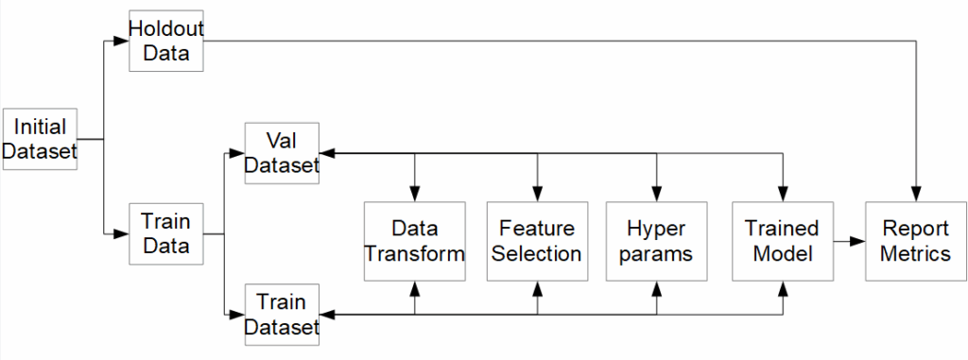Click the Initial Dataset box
tap(40, 139)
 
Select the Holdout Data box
tap(166, 41)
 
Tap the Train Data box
tap(166, 233)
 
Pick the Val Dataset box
tap(282, 153)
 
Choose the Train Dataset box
tap(282, 315)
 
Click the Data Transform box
tap(414, 242)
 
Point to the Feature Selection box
tap(537, 242)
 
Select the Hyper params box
tap(656, 242)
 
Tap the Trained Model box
tap(783, 242)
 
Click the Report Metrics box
tap(915, 242)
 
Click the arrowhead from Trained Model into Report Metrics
tap(857, 242)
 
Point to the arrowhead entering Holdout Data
tap(122, 41)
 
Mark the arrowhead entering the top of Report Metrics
tap(916, 194)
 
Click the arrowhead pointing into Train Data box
tap(122, 233)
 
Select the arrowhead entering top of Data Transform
tap(414, 194)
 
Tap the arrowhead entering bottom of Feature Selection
tap(537, 288)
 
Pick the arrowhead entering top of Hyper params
tap(656, 194)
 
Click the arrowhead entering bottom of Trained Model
tap(783, 288)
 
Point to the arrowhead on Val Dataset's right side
tap(327, 153)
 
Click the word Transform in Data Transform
tap(415, 254)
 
